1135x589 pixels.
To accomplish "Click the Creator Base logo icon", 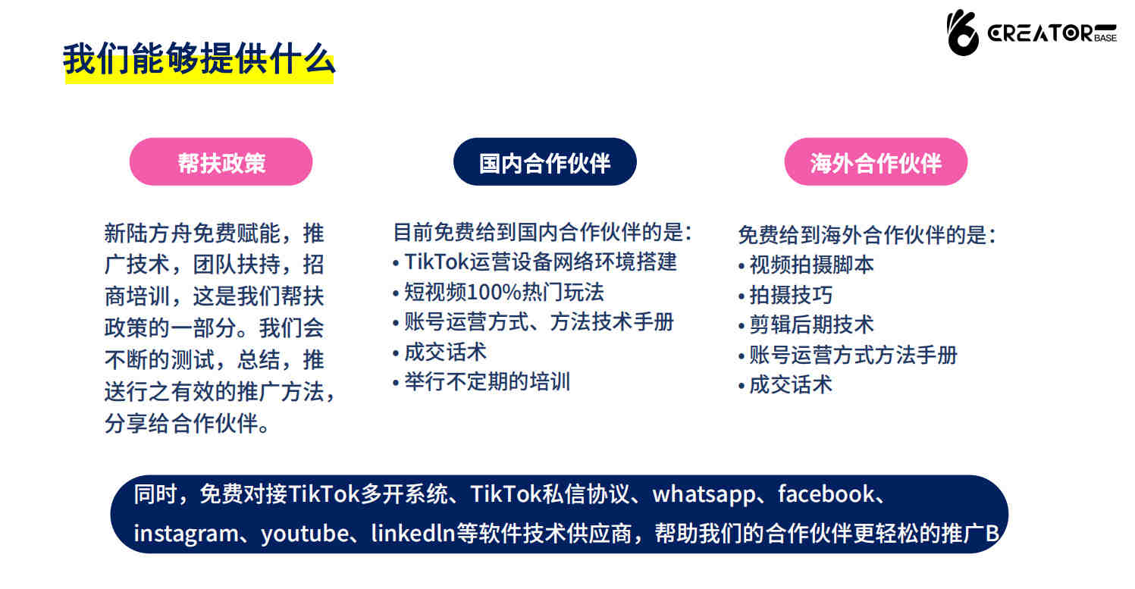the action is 962,33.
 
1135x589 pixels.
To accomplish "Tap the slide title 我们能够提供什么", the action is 199,58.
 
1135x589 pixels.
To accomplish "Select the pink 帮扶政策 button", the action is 221,162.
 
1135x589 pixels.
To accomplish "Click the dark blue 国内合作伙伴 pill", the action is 544,162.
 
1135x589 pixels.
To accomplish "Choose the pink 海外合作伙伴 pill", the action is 876,162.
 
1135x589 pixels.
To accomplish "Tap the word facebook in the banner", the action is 826,493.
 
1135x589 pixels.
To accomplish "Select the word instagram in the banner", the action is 187,534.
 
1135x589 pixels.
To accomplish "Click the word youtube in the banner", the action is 305,534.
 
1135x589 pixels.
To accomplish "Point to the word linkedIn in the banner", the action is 413,533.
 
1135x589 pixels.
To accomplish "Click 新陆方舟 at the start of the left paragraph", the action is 148,233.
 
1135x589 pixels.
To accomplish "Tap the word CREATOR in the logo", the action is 1040,33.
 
